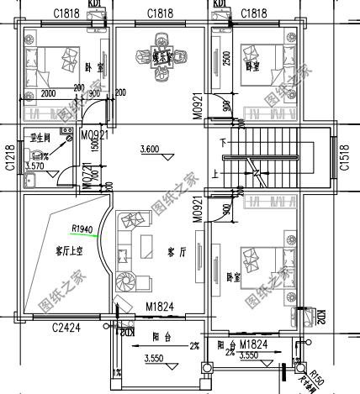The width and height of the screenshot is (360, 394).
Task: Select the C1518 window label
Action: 345,157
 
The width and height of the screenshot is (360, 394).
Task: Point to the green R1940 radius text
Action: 83,229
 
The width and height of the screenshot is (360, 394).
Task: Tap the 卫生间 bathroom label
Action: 41,137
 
